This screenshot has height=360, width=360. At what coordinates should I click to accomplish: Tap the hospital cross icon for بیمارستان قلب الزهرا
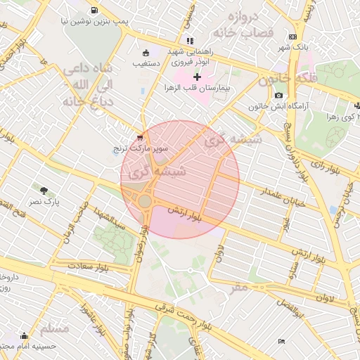[197, 77]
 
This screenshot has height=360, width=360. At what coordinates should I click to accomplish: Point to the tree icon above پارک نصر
[44, 191]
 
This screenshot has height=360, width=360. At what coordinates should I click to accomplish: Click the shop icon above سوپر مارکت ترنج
[140, 138]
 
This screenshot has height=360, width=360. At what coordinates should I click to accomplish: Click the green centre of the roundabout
[145, 202]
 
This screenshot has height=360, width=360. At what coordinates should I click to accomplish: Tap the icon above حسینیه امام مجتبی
[25, 335]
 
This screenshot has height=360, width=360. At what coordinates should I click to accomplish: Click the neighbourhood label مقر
[239, 287]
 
